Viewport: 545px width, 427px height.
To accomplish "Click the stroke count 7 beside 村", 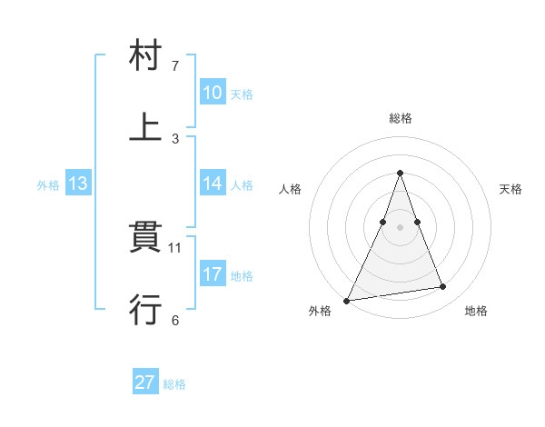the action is click(176, 66).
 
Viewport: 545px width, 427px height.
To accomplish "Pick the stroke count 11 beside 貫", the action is click(176, 246).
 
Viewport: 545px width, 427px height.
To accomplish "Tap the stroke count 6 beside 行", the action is click(175, 320).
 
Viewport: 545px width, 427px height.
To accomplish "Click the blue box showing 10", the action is click(212, 93).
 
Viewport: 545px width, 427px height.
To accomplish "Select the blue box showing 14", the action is click(212, 184).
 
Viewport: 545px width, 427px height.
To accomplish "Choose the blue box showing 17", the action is click(212, 273).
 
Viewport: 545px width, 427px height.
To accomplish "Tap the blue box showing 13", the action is click(78, 184).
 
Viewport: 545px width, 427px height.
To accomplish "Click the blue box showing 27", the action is click(145, 382).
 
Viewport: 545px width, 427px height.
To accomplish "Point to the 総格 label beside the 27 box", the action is click(174, 384).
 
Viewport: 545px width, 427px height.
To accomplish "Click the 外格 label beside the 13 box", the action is click(48, 185).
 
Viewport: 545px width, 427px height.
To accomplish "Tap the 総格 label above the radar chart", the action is click(400, 118).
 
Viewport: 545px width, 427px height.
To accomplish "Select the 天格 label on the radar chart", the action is click(511, 189).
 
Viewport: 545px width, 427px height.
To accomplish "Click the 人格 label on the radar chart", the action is click(290, 189).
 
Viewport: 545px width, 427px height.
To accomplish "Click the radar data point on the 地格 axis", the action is click(443, 287).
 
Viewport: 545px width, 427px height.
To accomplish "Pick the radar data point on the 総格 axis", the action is click(400, 173).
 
